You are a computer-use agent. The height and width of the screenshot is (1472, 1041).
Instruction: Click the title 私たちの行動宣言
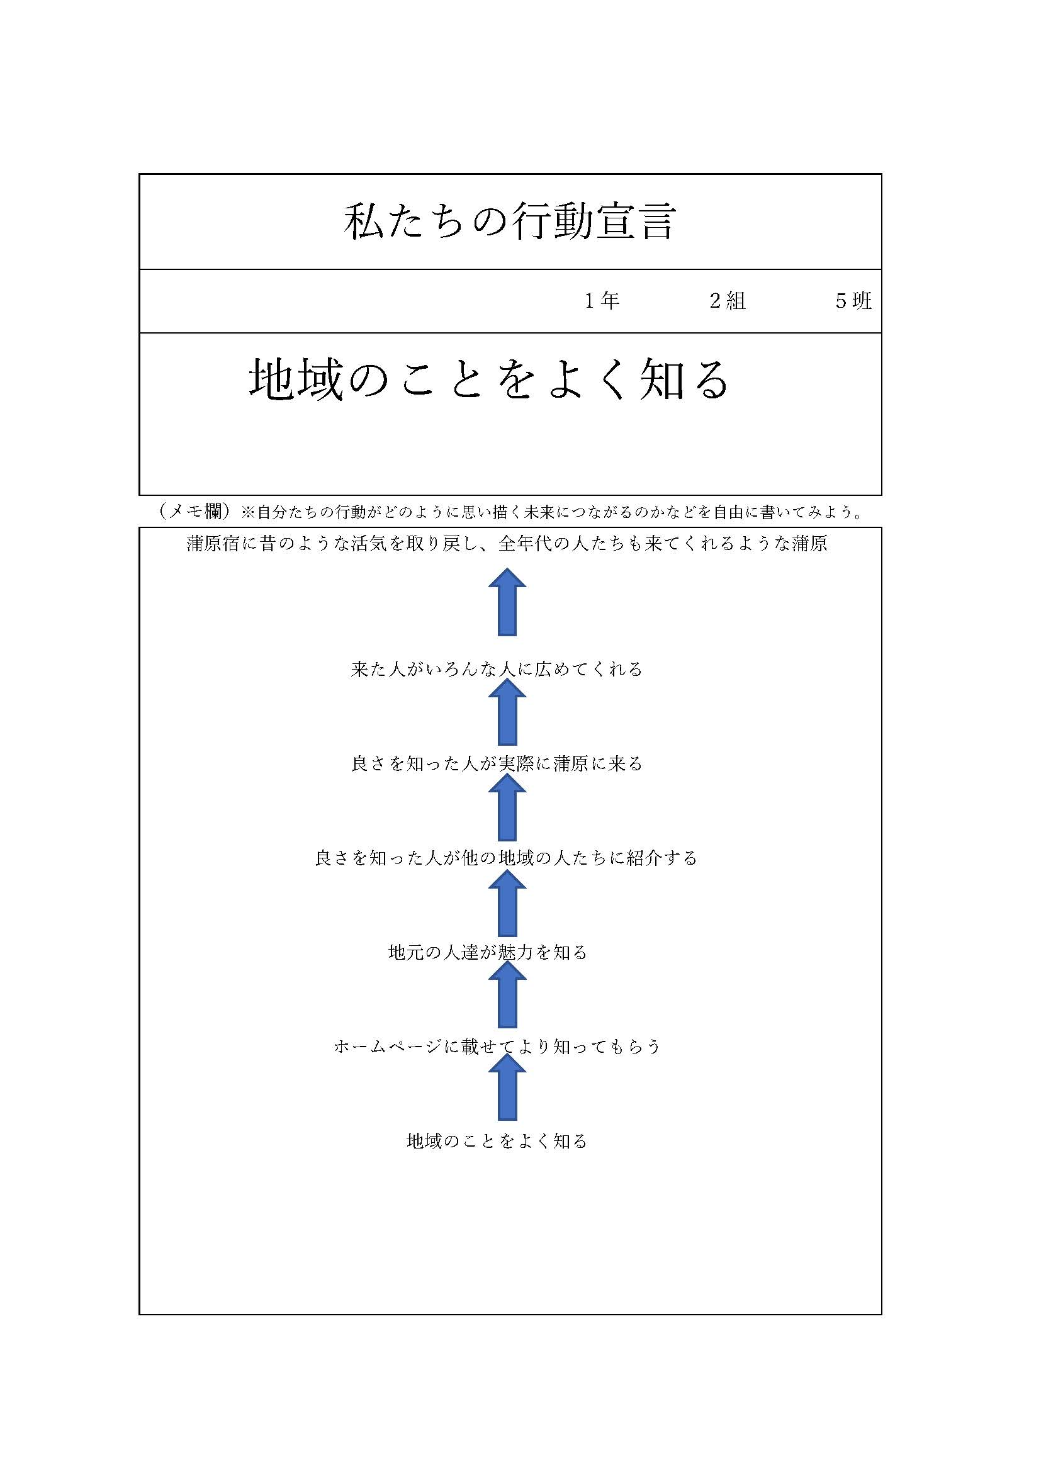tap(510, 222)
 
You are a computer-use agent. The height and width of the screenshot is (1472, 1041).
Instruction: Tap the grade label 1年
tap(602, 301)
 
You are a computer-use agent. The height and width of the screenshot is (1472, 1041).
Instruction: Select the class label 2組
tap(728, 301)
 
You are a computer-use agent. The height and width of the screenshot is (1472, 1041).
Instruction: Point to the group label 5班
tap(853, 301)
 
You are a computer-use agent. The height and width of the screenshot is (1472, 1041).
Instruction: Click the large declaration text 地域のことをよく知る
tap(489, 379)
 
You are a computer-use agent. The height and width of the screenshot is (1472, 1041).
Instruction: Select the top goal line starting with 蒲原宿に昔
tap(507, 544)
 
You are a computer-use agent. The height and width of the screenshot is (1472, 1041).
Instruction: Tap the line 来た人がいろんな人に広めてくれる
tap(497, 670)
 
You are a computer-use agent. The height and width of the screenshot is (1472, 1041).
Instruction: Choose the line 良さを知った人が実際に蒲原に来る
tap(497, 763)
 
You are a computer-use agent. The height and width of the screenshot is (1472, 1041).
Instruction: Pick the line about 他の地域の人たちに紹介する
tap(507, 858)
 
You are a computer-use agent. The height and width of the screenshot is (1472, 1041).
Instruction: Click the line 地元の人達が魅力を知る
tap(488, 952)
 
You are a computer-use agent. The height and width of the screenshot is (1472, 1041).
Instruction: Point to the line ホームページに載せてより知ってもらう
tap(497, 1047)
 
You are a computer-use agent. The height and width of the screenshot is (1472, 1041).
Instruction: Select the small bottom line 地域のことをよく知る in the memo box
tap(497, 1140)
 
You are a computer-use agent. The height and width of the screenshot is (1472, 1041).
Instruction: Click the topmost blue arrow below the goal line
tap(507, 602)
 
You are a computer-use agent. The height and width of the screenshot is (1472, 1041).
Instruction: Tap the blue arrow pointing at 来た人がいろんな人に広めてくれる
tap(507, 712)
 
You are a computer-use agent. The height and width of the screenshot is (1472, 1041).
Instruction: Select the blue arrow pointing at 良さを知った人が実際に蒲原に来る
tap(507, 807)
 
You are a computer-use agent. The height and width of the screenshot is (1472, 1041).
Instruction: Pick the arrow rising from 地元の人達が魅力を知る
tap(507, 902)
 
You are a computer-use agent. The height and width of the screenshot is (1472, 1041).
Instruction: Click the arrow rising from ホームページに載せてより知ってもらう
tap(507, 994)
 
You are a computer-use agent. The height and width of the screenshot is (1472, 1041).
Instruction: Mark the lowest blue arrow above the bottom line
tap(507, 1087)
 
